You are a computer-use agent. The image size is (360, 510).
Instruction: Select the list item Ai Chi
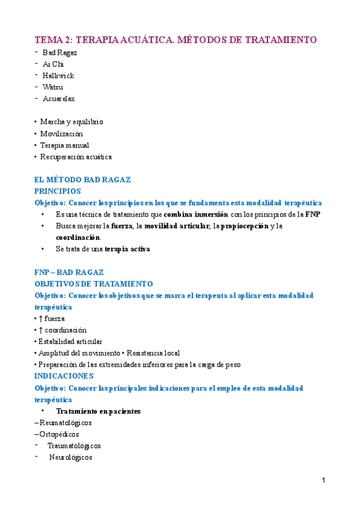[53, 64]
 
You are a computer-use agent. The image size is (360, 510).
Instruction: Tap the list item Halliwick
[58, 75]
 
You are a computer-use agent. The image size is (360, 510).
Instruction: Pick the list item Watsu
[53, 87]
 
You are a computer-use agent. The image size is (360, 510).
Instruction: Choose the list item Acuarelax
[58, 98]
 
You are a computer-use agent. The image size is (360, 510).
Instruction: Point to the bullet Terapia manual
[64, 145]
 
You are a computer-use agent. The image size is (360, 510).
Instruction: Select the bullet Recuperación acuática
[76, 156]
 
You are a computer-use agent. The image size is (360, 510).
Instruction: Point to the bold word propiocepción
[244, 226]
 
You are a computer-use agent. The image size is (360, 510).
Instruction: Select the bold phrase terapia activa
[127, 248]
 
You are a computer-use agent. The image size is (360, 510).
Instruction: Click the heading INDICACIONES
[64, 376]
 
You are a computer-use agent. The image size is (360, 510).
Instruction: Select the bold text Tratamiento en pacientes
[98, 411]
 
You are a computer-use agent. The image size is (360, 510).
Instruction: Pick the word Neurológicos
[70, 457]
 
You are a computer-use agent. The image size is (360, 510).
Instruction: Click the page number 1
[323, 481]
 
